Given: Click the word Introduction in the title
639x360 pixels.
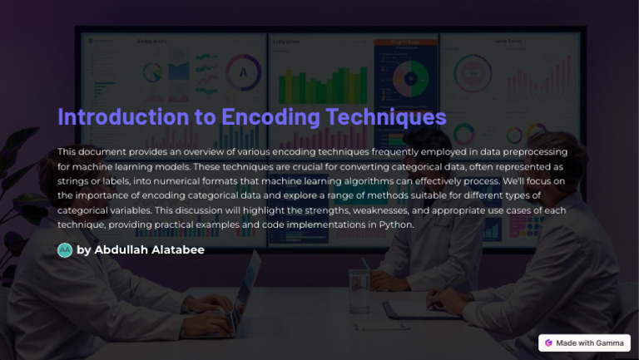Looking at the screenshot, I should pos(116,116).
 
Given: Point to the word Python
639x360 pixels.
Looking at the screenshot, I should pos(395,224).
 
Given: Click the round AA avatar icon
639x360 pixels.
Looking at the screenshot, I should pos(65,249).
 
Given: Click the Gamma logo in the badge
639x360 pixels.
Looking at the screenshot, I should pos(549,343).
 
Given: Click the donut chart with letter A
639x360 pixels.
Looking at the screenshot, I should pos(243,72).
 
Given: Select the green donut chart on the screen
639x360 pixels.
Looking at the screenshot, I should pos(410,78).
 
